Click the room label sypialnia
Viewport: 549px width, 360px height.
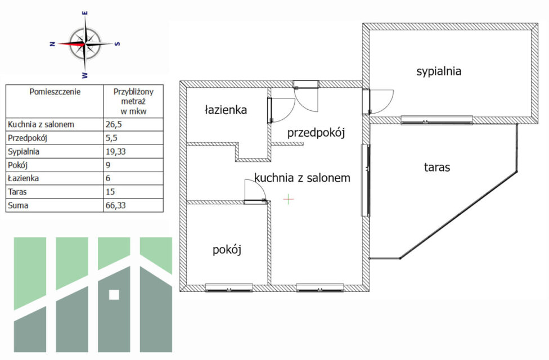tap(439, 71)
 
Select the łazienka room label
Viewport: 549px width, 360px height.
tap(226, 110)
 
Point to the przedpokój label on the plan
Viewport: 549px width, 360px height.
tap(316, 133)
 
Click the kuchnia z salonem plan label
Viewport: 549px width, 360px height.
tap(303, 178)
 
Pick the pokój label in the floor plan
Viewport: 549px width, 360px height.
tap(227, 250)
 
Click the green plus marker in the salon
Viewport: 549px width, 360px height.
tap(289, 199)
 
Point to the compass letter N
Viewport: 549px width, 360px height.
tap(52, 43)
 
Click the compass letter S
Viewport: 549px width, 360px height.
tap(117, 43)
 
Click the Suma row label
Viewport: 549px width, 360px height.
tap(19, 205)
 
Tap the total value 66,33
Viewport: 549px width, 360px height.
tap(116, 205)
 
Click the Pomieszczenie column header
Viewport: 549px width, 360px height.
tap(55, 91)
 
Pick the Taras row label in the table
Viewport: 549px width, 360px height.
tap(19, 192)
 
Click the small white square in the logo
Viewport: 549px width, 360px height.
tap(114, 294)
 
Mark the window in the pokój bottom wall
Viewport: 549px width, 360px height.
tap(228, 287)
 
